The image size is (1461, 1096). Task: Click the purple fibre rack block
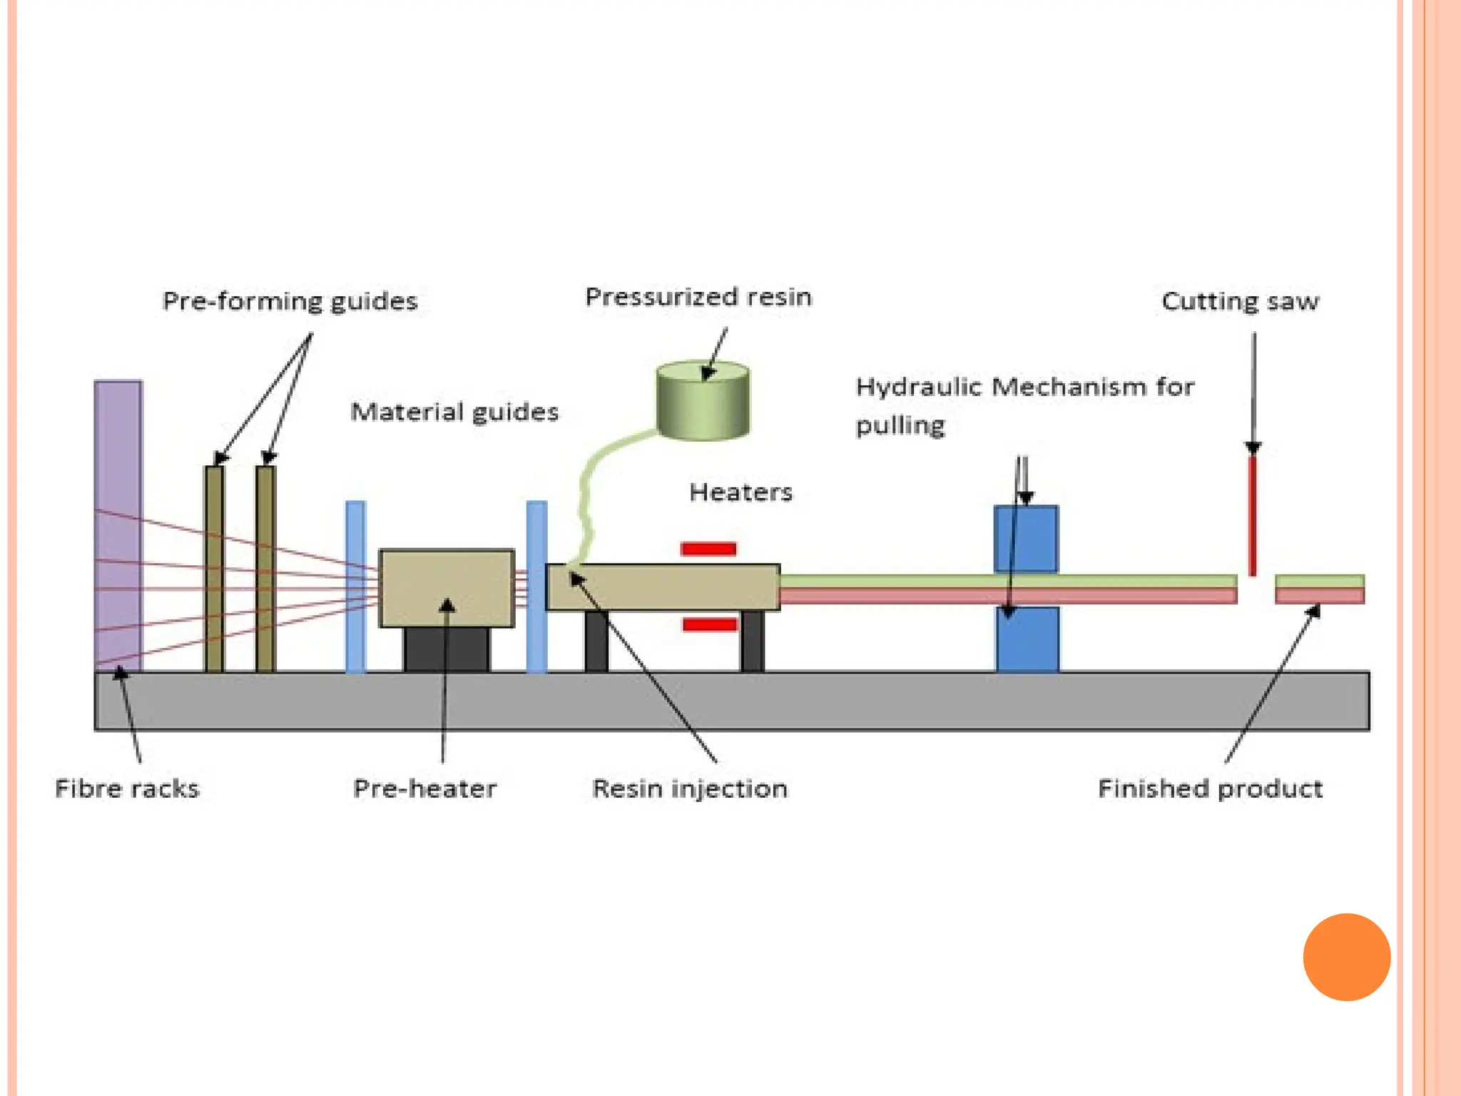click(x=118, y=526)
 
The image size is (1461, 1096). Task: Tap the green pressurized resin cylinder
click(x=703, y=400)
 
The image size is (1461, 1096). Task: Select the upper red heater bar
click(x=708, y=549)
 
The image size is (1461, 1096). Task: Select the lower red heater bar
click(x=710, y=625)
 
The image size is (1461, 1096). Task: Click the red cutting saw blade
click(x=1253, y=516)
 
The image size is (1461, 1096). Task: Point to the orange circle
click(x=1347, y=957)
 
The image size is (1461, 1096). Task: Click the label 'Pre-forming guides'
click(x=290, y=301)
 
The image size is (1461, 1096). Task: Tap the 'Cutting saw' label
click(x=1241, y=301)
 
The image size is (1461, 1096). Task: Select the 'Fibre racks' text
click(x=128, y=788)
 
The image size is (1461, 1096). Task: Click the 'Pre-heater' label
click(x=425, y=788)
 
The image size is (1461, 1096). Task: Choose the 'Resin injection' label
click(x=690, y=788)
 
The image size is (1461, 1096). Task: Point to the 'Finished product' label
click(x=1211, y=788)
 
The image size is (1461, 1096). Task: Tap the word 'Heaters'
click(x=741, y=492)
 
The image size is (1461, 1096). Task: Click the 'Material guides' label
click(x=455, y=412)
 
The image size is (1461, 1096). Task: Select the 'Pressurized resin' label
click(x=698, y=297)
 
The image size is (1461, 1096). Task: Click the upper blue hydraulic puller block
click(x=1026, y=539)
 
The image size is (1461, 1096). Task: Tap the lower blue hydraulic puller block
click(x=1027, y=639)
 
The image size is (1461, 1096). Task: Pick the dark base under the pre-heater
click(x=447, y=649)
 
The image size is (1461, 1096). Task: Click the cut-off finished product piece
click(x=1320, y=589)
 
